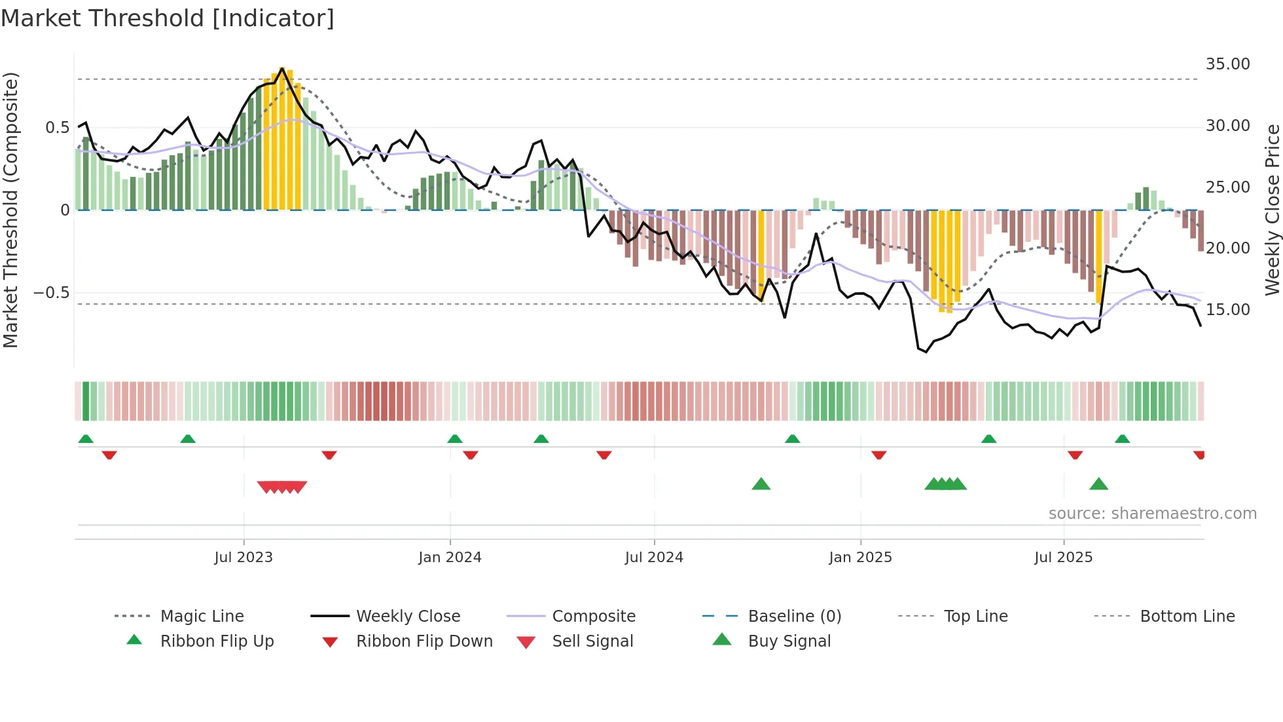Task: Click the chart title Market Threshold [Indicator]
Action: pos(168,18)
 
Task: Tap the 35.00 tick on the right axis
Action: pos(1227,64)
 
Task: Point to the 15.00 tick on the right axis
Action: pos(1227,310)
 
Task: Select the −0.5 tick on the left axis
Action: pos(52,292)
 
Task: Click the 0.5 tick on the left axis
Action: pos(57,127)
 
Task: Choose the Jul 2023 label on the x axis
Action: pos(244,558)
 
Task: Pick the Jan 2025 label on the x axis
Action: pos(860,558)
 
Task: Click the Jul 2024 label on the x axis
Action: pos(654,558)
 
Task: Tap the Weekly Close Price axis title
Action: pos(1272,210)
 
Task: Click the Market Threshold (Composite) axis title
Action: pos(10,210)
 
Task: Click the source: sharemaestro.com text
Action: pos(1152,514)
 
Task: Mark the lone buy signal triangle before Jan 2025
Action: pos(761,484)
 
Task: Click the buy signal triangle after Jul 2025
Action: pos(1098,484)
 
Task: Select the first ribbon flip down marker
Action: pos(109,455)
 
